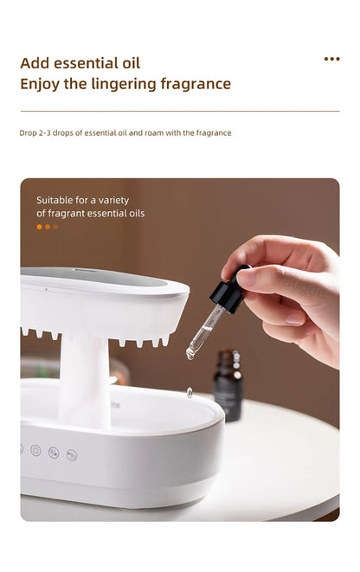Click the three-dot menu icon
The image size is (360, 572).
pos(331,59)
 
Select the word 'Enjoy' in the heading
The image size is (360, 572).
pos(40,84)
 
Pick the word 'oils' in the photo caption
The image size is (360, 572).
pos(135,213)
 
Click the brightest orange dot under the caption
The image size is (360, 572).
pos(39,227)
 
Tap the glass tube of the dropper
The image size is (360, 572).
pos(204,331)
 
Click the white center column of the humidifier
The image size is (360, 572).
pos(84,382)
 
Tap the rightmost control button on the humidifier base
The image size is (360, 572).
pos(72,454)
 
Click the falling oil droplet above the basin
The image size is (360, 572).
pos(190,393)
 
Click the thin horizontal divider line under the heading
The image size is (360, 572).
pos(180,111)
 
